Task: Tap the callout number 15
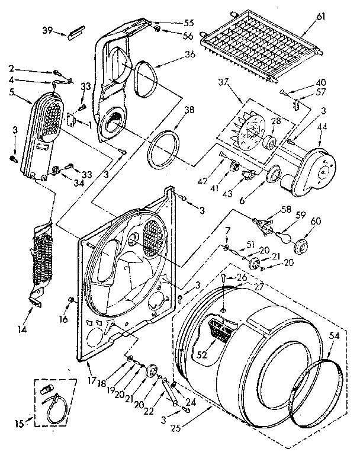point(19,423)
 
